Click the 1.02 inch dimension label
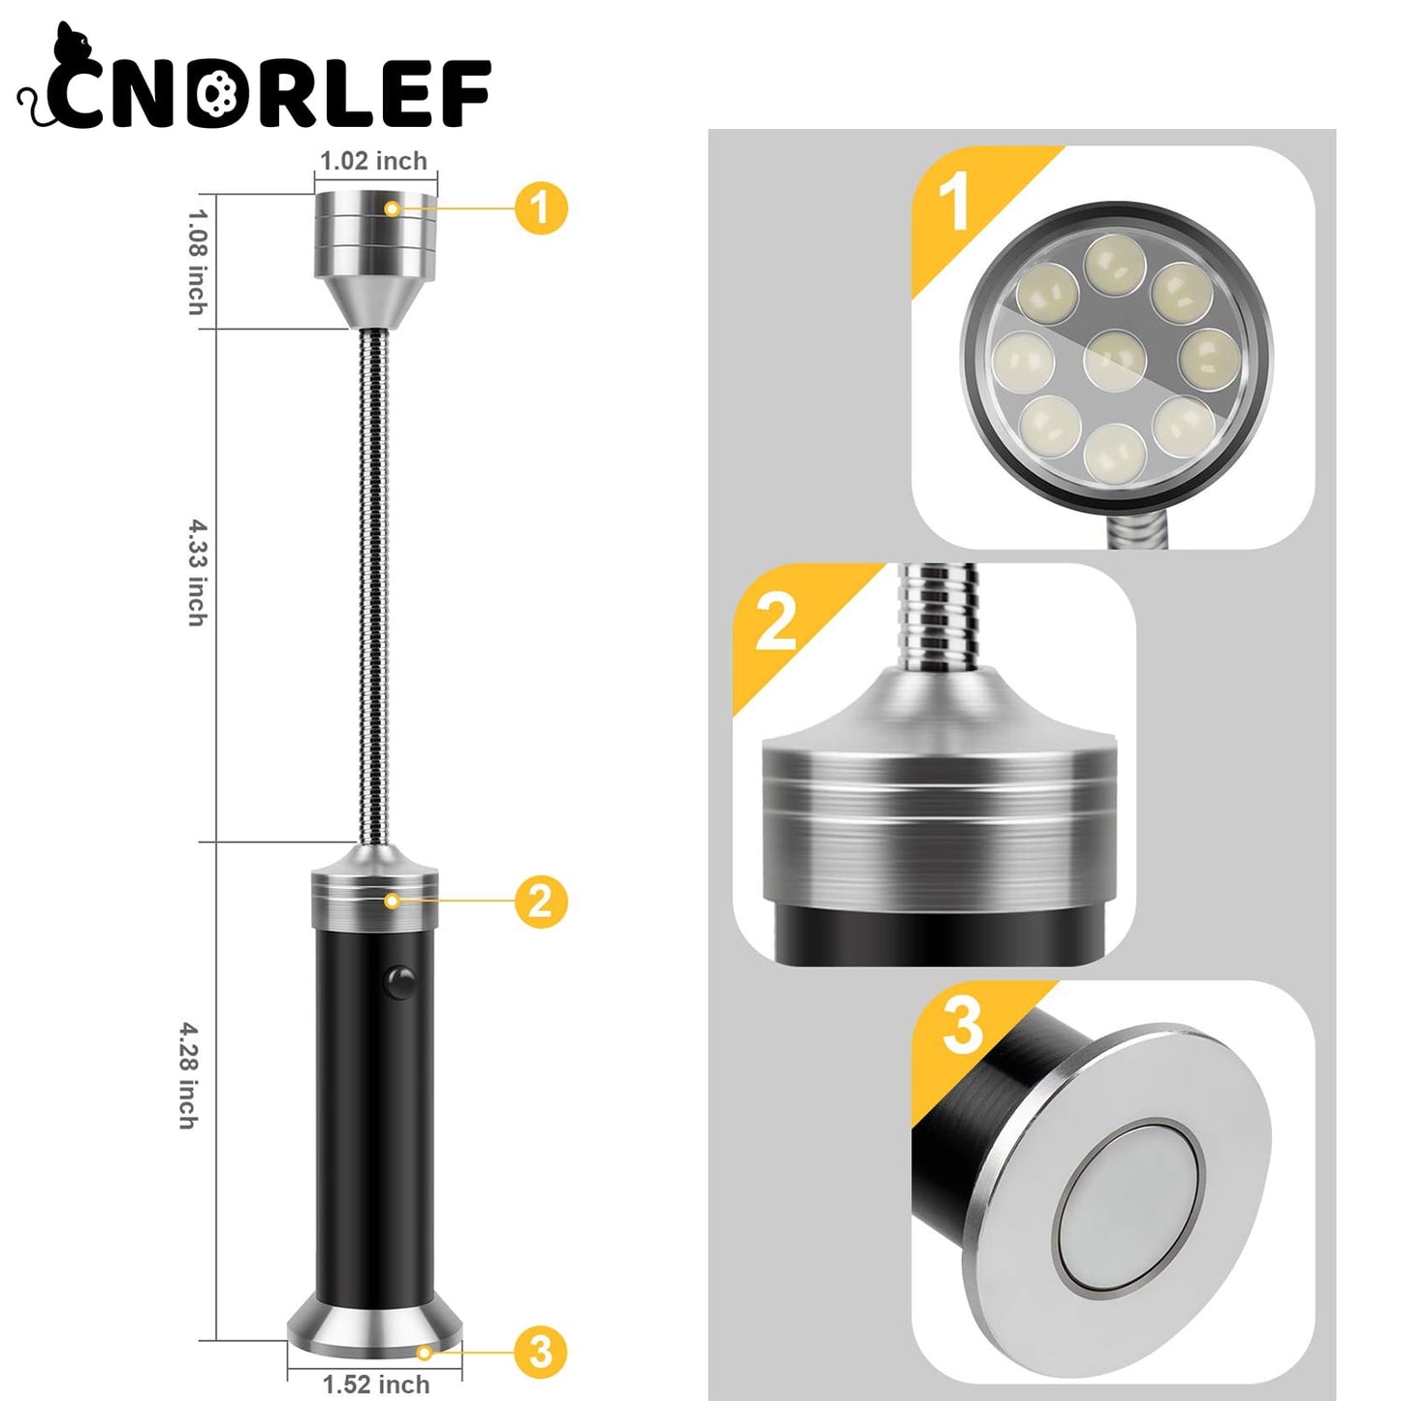coord(373,161)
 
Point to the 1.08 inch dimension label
coord(198,262)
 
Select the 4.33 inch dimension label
coord(198,573)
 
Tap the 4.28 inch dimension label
coord(188,1075)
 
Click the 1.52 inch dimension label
coord(376,1385)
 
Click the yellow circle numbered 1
coord(540,208)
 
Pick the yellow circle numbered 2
coord(540,902)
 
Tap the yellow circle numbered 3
coord(540,1352)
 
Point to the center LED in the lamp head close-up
coord(1115,360)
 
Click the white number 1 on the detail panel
coord(954,201)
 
